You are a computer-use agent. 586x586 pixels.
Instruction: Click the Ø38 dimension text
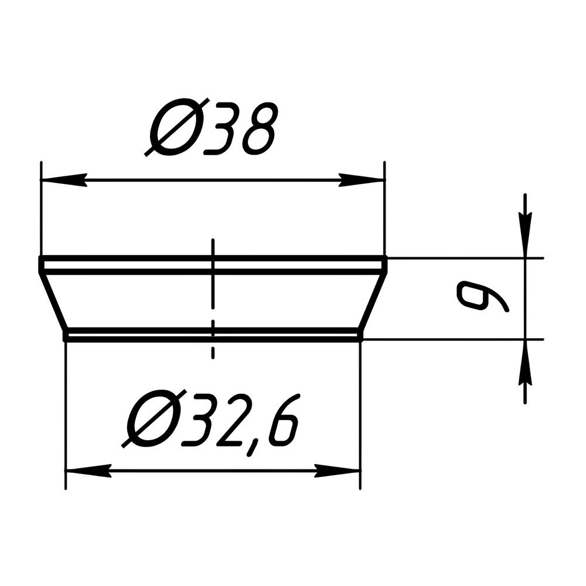click(212, 127)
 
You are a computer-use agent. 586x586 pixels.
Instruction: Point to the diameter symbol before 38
click(176, 127)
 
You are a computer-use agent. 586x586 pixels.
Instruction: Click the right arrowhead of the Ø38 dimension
click(362, 180)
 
